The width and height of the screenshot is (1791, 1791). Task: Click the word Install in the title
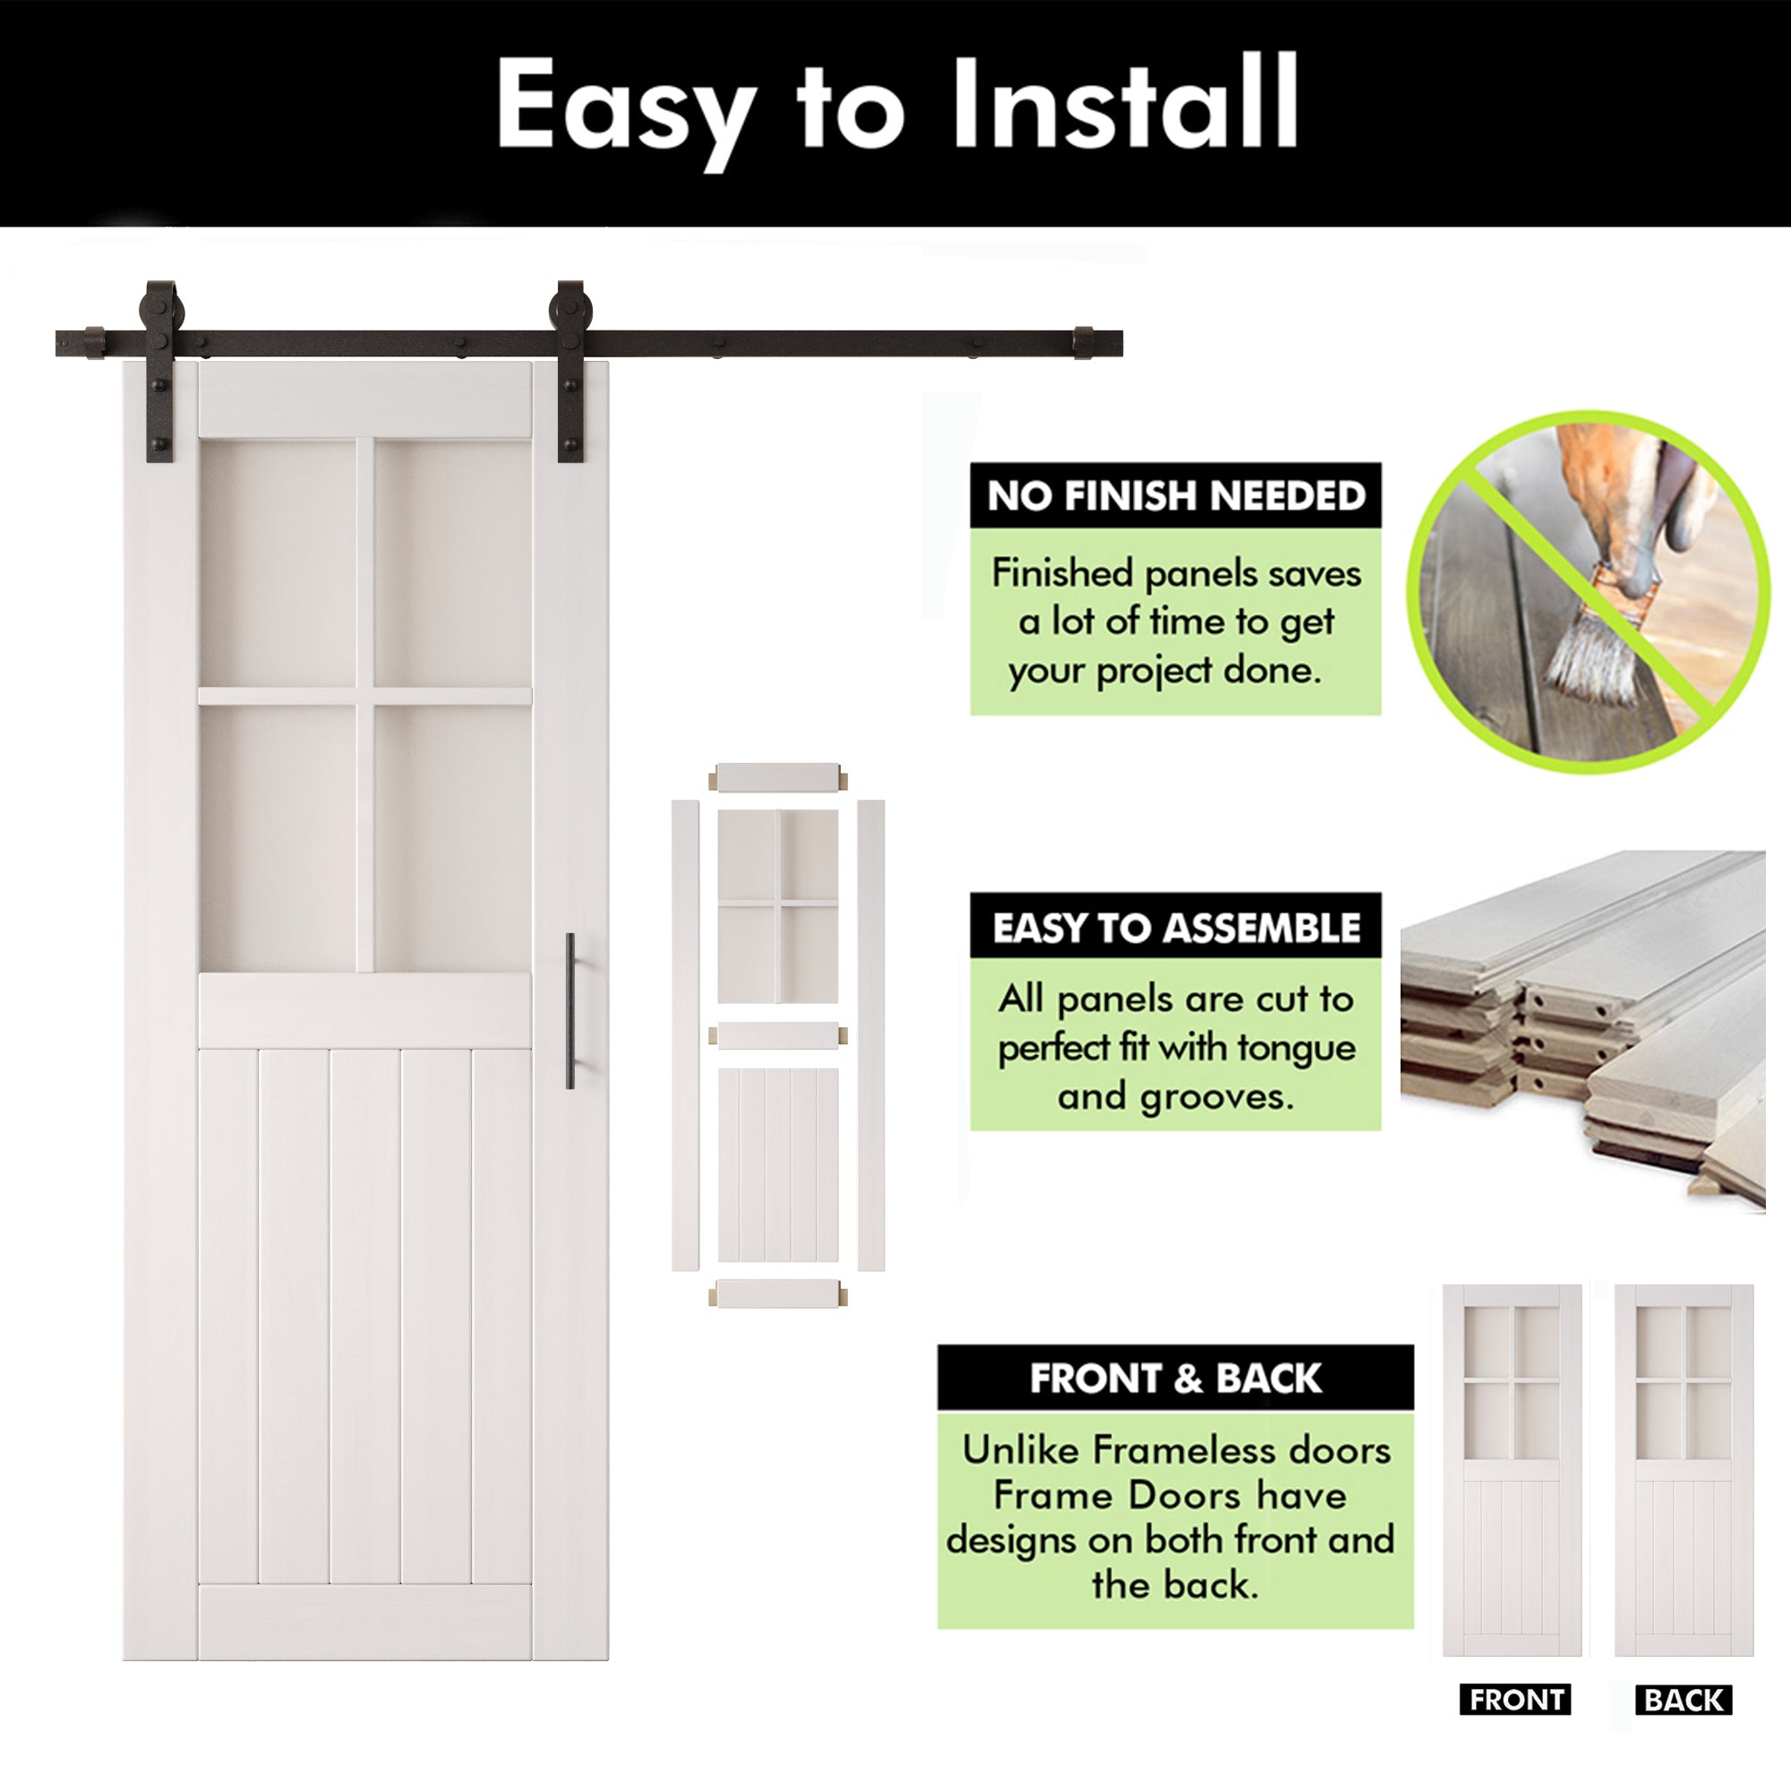pyautogui.click(x=1126, y=104)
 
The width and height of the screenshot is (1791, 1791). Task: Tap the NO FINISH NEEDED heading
pyautogui.click(x=1176, y=496)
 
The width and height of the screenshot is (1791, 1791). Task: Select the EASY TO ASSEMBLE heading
pyautogui.click(x=1176, y=927)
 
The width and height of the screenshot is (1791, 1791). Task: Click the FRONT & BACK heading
pyautogui.click(x=1176, y=1378)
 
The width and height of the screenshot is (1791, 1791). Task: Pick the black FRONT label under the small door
pyautogui.click(x=1516, y=1701)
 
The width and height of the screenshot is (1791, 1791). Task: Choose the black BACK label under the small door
pyautogui.click(x=1684, y=1701)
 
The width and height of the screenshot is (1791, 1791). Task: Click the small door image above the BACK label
pyautogui.click(x=1684, y=1470)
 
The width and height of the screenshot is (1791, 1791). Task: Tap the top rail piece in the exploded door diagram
pyautogui.click(x=778, y=776)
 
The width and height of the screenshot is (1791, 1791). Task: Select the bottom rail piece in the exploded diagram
pyautogui.click(x=778, y=1293)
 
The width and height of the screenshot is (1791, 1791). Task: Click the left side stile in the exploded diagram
pyautogui.click(x=684, y=1034)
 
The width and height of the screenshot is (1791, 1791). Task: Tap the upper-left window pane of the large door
pyautogui.click(x=278, y=561)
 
